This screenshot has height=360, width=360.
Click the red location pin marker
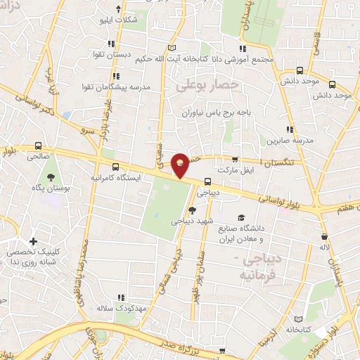tap(181, 165)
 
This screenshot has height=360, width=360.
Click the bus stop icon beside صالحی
tap(37, 147)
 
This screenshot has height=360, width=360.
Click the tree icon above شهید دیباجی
tap(192, 210)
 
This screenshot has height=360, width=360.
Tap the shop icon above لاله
tap(324, 236)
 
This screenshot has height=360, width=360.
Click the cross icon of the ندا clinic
tap(33, 242)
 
